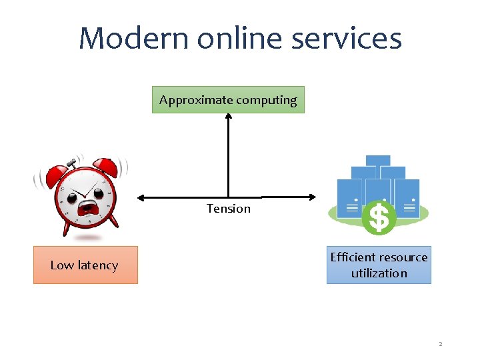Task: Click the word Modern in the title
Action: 133,39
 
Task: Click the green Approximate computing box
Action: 228,100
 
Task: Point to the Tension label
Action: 229,209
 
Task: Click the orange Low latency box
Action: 85,265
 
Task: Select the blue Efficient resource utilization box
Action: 379,265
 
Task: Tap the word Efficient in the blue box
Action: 353,257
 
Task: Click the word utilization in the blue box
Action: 379,273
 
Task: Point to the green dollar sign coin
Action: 379,218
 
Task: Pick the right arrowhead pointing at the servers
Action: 313,197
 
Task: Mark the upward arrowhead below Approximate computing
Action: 228,117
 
